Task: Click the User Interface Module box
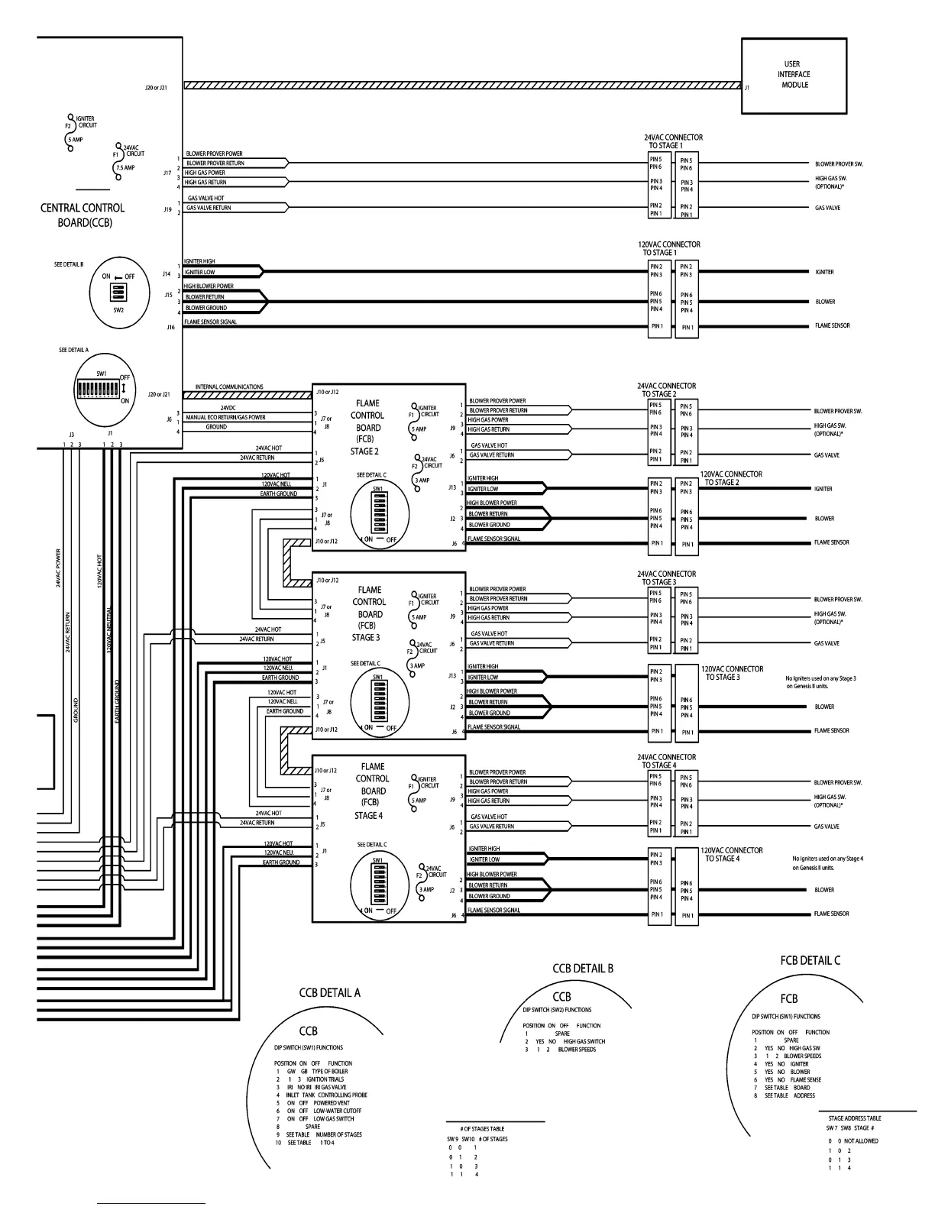coord(794,76)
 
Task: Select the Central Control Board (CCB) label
coord(82,215)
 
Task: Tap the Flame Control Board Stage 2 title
coord(367,427)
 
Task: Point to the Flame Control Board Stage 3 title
coord(369,613)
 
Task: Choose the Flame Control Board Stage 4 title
coord(372,791)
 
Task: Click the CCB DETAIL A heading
coord(329,993)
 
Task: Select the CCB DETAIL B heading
coord(583,968)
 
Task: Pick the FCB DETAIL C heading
coord(810,960)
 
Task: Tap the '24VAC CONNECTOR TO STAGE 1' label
coord(673,141)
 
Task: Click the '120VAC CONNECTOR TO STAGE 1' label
coord(669,248)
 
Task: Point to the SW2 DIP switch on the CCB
coord(118,293)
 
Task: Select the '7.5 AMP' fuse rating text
coord(125,167)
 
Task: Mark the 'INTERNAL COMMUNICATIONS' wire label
coord(229,387)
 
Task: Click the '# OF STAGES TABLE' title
coord(482,1128)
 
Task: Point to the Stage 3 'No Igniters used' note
coord(820,682)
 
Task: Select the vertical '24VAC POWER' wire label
coord(59,568)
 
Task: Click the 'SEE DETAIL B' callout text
coord(69,264)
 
